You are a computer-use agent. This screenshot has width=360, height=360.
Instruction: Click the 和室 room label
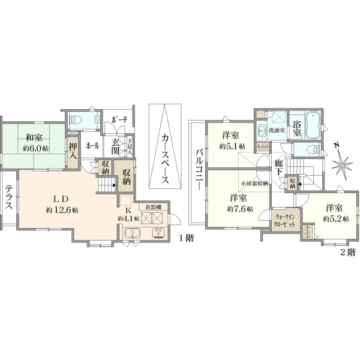[x=34, y=138]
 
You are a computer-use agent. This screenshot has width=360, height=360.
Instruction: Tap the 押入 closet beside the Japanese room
[x=73, y=152]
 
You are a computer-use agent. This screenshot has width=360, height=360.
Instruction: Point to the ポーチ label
[x=119, y=120]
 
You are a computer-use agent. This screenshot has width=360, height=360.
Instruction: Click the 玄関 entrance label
[x=115, y=146]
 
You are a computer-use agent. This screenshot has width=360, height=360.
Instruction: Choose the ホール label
[x=92, y=146]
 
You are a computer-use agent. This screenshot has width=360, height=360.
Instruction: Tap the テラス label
[x=9, y=197]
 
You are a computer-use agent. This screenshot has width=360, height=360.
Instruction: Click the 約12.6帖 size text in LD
[x=62, y=209]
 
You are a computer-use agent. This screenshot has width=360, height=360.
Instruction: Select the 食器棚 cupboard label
[x=153, y=207]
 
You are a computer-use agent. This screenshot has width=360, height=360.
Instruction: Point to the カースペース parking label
[x=165, y=159]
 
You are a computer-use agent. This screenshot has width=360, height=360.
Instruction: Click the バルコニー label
[x=199, y=169]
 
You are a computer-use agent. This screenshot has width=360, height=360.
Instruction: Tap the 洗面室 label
[x=277, y=130]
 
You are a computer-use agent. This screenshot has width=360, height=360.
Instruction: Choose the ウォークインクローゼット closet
[x=286, y=220]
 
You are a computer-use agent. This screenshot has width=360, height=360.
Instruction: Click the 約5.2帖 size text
[x=336, y=218]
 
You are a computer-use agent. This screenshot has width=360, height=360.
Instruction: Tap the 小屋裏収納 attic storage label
[x=254, y=184]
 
